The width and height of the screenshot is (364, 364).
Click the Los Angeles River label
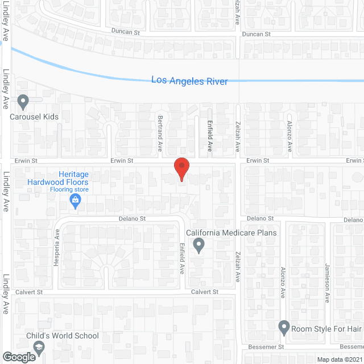click(189, 81)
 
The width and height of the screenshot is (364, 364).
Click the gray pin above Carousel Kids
click(23, 102)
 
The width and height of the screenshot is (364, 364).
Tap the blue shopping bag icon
click(75, 200)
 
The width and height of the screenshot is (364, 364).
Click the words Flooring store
click(69, 189)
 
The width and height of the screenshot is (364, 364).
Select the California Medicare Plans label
click(231, 233)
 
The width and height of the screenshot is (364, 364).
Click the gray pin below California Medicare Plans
click(198, 246)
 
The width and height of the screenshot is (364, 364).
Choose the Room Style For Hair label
click(326, 328)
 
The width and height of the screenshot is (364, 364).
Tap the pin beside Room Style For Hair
click(284, 328)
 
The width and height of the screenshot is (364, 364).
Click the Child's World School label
click(63, 336)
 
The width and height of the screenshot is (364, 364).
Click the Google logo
click(19, 357)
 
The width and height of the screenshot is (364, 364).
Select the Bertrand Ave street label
click(160, 134)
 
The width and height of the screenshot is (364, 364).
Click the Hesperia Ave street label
click(57, 242)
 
